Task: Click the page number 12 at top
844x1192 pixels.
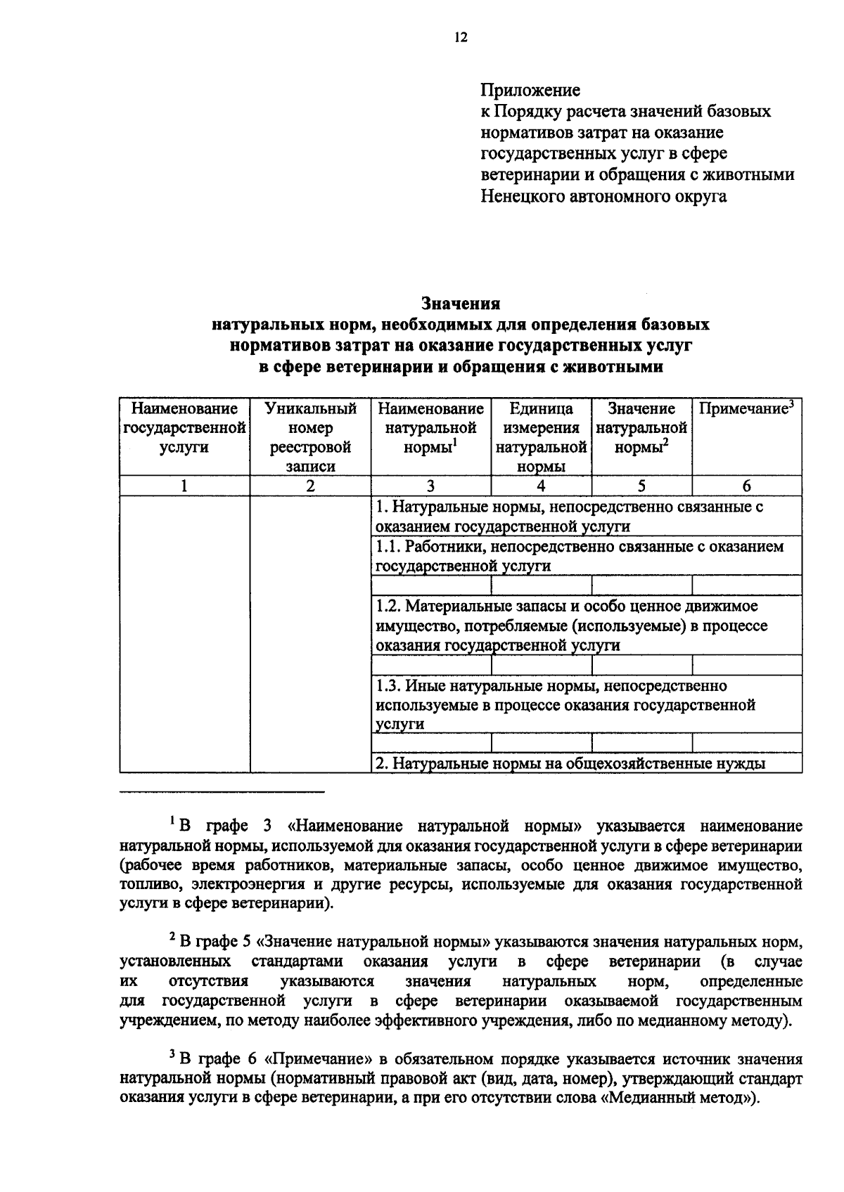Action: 461,39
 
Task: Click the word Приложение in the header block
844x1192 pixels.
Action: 530,90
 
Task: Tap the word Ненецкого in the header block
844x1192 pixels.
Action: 524,196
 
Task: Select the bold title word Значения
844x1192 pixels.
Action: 460,304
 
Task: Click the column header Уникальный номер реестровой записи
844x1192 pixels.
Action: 310,437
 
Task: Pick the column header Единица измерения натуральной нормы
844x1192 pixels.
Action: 541,437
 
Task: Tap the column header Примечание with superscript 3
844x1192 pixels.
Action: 746,409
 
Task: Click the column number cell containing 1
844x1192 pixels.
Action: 184,486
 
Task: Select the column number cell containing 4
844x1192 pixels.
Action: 541,486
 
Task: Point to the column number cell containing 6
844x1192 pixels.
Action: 746,486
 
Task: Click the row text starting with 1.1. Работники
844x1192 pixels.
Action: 579,555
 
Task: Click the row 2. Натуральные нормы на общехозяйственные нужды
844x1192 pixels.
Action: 570,763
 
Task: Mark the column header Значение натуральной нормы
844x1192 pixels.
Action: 641,428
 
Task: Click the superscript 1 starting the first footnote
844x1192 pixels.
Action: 172,819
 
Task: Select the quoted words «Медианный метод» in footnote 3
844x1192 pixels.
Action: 679,1097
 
